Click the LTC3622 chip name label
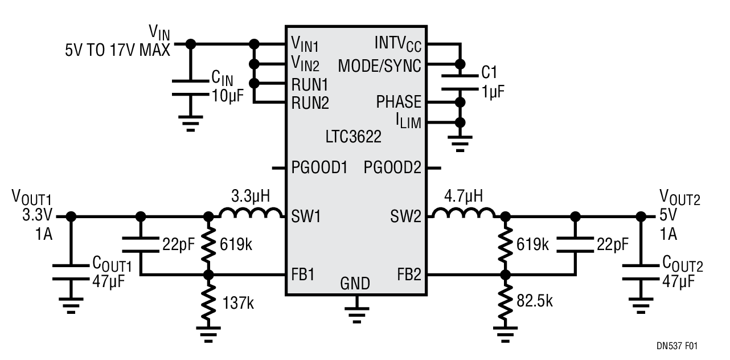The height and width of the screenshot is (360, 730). (353, 137)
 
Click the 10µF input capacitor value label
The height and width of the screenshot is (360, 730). (228, 96)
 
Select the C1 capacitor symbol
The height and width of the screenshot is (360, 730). (460, 82)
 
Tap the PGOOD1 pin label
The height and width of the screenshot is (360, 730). (319, 167)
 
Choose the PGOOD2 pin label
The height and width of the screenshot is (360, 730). (392, 167)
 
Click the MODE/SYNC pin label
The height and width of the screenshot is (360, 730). (380, 66)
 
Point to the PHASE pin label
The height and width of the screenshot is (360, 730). (399, 102)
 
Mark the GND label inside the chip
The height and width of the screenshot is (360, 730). (355, 283)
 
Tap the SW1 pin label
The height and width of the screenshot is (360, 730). (306, 216)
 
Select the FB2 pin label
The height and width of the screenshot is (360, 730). (409, 275)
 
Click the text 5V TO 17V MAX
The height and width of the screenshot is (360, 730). (118, 50)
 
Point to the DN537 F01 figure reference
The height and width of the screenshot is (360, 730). (677, 346)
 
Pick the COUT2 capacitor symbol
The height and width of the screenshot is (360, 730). (641, 272)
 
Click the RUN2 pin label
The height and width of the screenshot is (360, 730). (310, 103)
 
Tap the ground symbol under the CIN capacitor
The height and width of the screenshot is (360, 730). (191, 123)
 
